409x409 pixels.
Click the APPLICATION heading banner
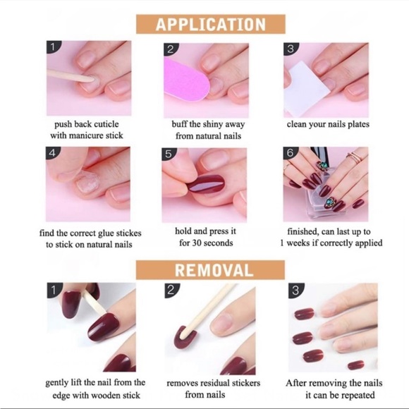point(210,24)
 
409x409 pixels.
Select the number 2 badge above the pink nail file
point(170,49)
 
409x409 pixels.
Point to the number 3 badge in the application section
point(291,49)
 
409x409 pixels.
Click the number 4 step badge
point(54,153)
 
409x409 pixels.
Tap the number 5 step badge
point(169,153)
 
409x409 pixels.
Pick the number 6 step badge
point(290,153)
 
